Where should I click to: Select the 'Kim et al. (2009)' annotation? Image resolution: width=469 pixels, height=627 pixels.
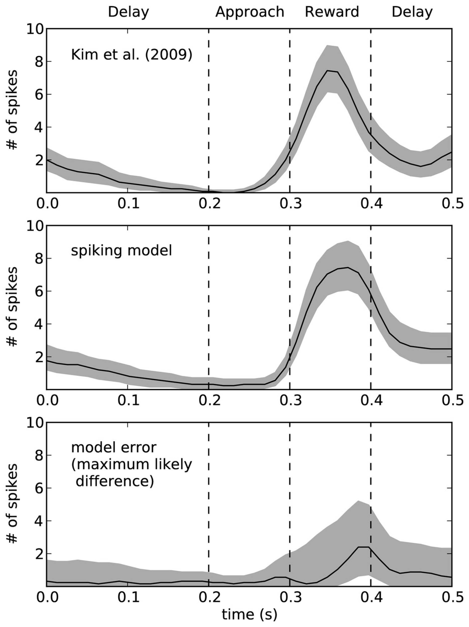point(131,54)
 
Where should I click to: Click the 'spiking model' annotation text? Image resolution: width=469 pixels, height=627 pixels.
point(121,251)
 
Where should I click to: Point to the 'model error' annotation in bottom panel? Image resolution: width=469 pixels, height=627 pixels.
point(113,447)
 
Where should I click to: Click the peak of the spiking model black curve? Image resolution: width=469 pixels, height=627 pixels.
point(348,267)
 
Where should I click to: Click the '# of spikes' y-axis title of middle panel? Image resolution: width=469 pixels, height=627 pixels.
point(12,307)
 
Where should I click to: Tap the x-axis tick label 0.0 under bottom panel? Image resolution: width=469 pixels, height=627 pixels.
point(47,597)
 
